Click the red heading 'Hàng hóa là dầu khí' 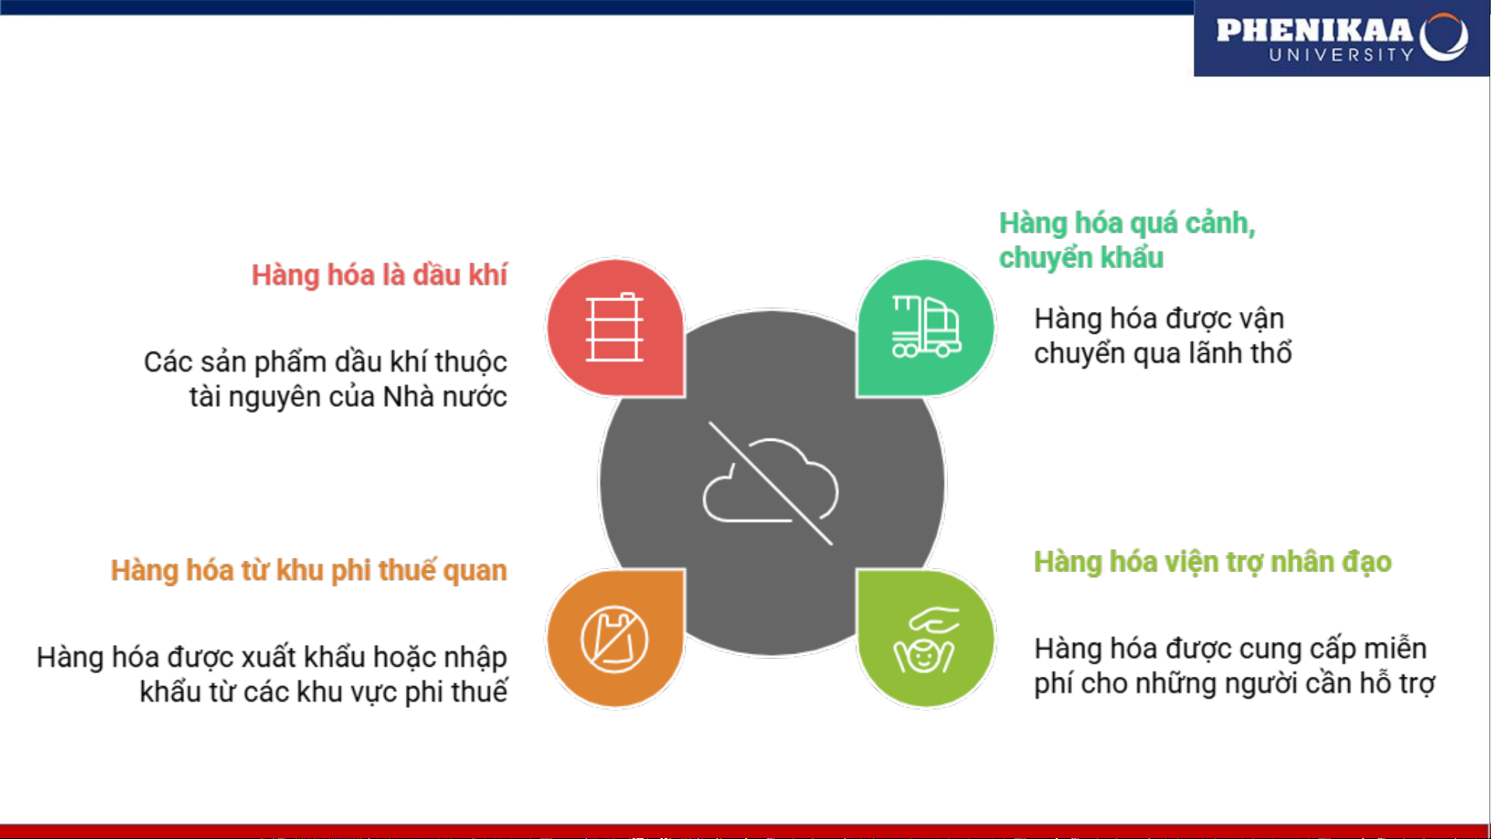pos(379,276)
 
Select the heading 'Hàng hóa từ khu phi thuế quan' pos(308,570)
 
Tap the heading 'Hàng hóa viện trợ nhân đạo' pos(1212,562)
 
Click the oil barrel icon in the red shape pos(615,327)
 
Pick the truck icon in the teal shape pos(927,327)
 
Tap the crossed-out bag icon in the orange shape pos(615,640)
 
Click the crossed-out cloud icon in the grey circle pos(771,484)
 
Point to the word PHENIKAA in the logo pos(1315,30)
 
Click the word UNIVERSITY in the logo pos(1342,55)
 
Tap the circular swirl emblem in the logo pos(1444,36)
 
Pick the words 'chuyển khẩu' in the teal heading pos(1081,258)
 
